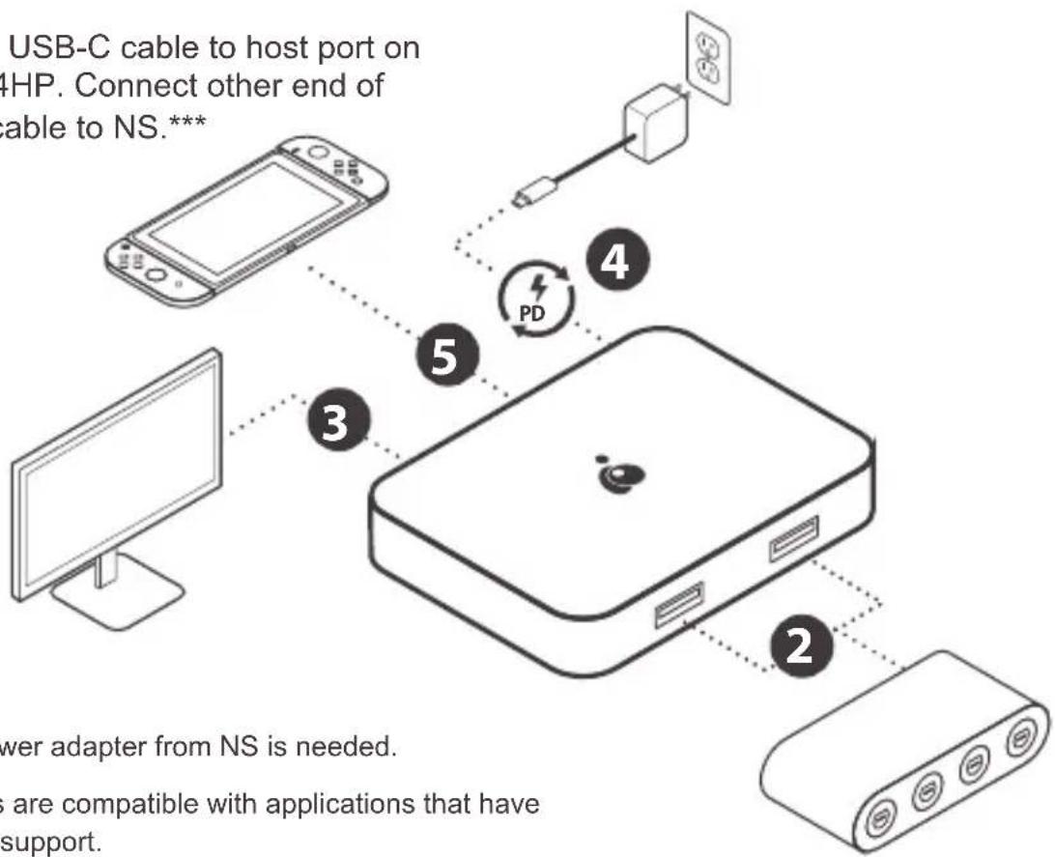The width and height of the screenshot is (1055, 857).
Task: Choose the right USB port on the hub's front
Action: [794, 537]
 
